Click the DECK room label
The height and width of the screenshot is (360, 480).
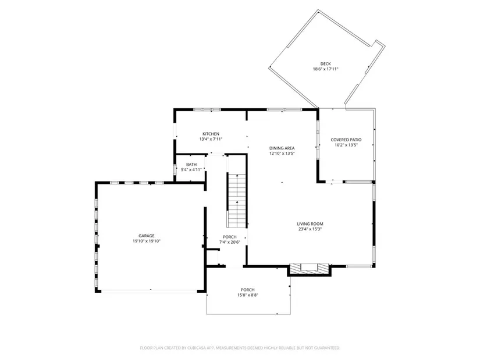click(x=325, y=64)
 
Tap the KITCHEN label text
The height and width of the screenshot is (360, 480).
click(x=211, y=134)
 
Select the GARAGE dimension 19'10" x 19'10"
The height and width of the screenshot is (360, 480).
click(x=147, y=241)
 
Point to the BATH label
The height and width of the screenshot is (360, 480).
click(x=191, y=165)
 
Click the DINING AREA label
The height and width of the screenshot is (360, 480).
click(x=282, y=148)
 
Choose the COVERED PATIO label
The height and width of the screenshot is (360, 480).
click(x=346, y=140)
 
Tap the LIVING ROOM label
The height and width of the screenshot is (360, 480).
click(x=310, y=224)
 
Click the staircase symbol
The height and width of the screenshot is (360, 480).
click(x=236, y=201)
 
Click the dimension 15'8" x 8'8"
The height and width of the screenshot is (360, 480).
click(x=248, y=295)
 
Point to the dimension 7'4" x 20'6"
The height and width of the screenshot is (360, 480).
click(x=230, y=242)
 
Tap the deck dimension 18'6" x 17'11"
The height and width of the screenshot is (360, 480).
click(x=325, y=69)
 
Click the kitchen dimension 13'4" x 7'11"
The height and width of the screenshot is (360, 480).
click(x=211, y=139)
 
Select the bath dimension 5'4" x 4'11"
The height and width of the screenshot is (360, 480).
click(x=191, y=170)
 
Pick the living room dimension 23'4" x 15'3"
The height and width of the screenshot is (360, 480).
click(x=310, y=229)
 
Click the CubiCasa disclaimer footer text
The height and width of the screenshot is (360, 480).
click(x=240, y=348)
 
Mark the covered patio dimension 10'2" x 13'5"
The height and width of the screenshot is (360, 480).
click(x=346, y=145)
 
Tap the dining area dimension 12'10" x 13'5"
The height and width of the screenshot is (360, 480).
click(x=282, y=154)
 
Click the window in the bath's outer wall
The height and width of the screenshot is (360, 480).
click(x=175, y=169)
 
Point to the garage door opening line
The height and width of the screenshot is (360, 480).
click(x=150, y=290)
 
